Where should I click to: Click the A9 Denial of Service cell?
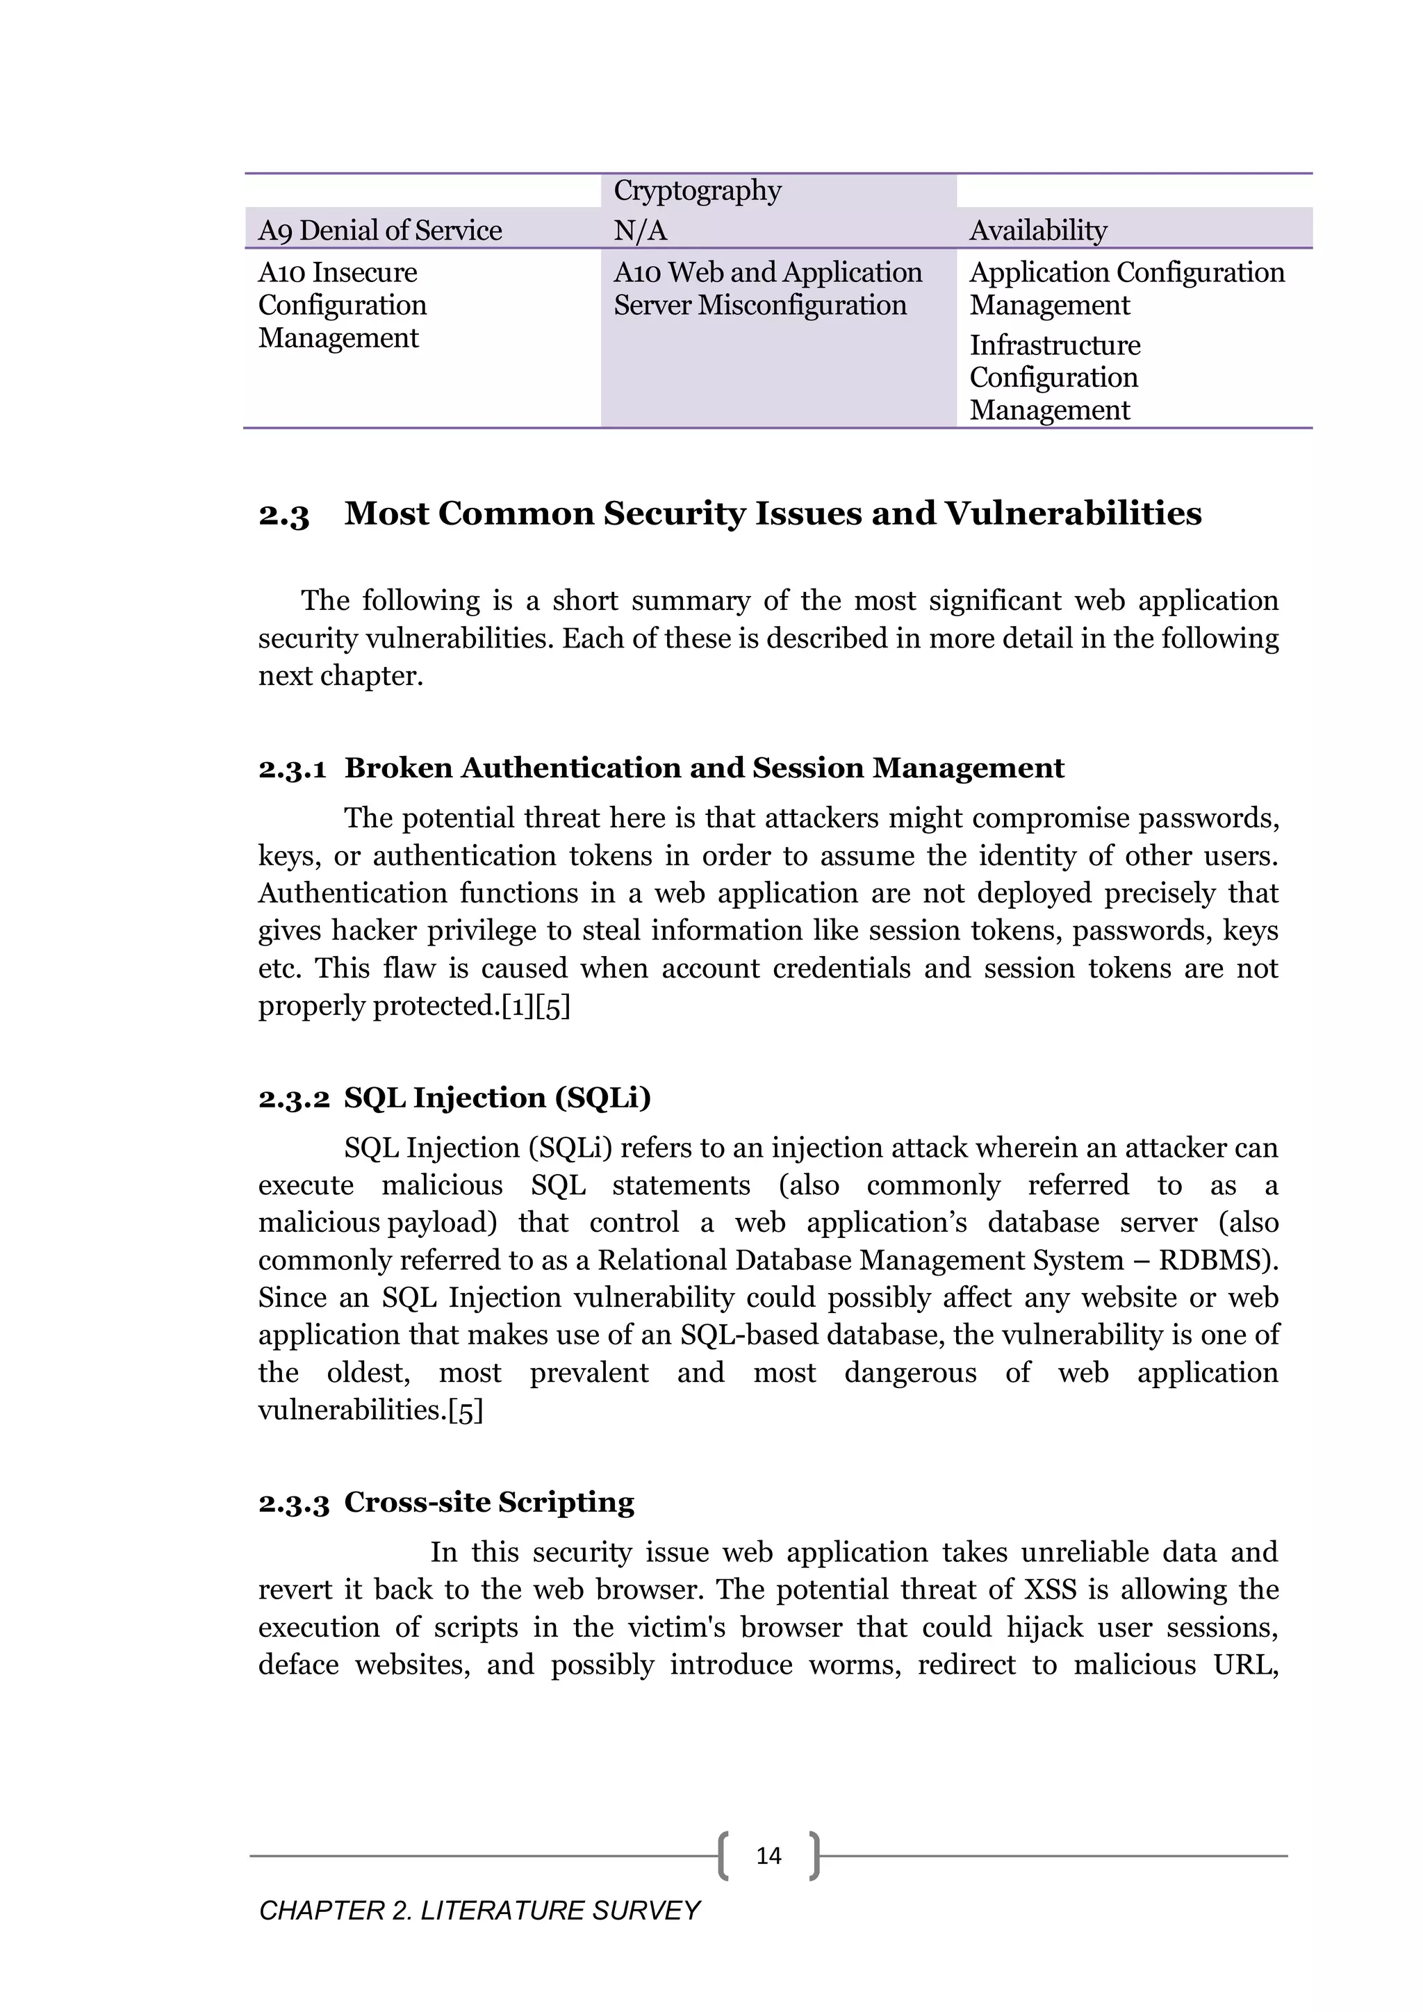point(379,231)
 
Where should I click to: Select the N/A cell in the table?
point(641,231)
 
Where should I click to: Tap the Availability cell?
point(1038,231)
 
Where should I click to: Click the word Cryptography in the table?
point(698,190)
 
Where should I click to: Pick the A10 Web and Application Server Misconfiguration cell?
point(768,288)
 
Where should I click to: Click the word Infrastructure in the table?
point(1055,345)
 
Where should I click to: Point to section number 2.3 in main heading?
point(284,514)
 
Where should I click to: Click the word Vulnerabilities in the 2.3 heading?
point(1073,513)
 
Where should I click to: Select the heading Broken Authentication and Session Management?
point(704,768)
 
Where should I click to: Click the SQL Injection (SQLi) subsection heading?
point(497,1097)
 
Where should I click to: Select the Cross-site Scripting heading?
point(489,1502)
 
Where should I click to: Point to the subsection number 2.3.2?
point(293,1098)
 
